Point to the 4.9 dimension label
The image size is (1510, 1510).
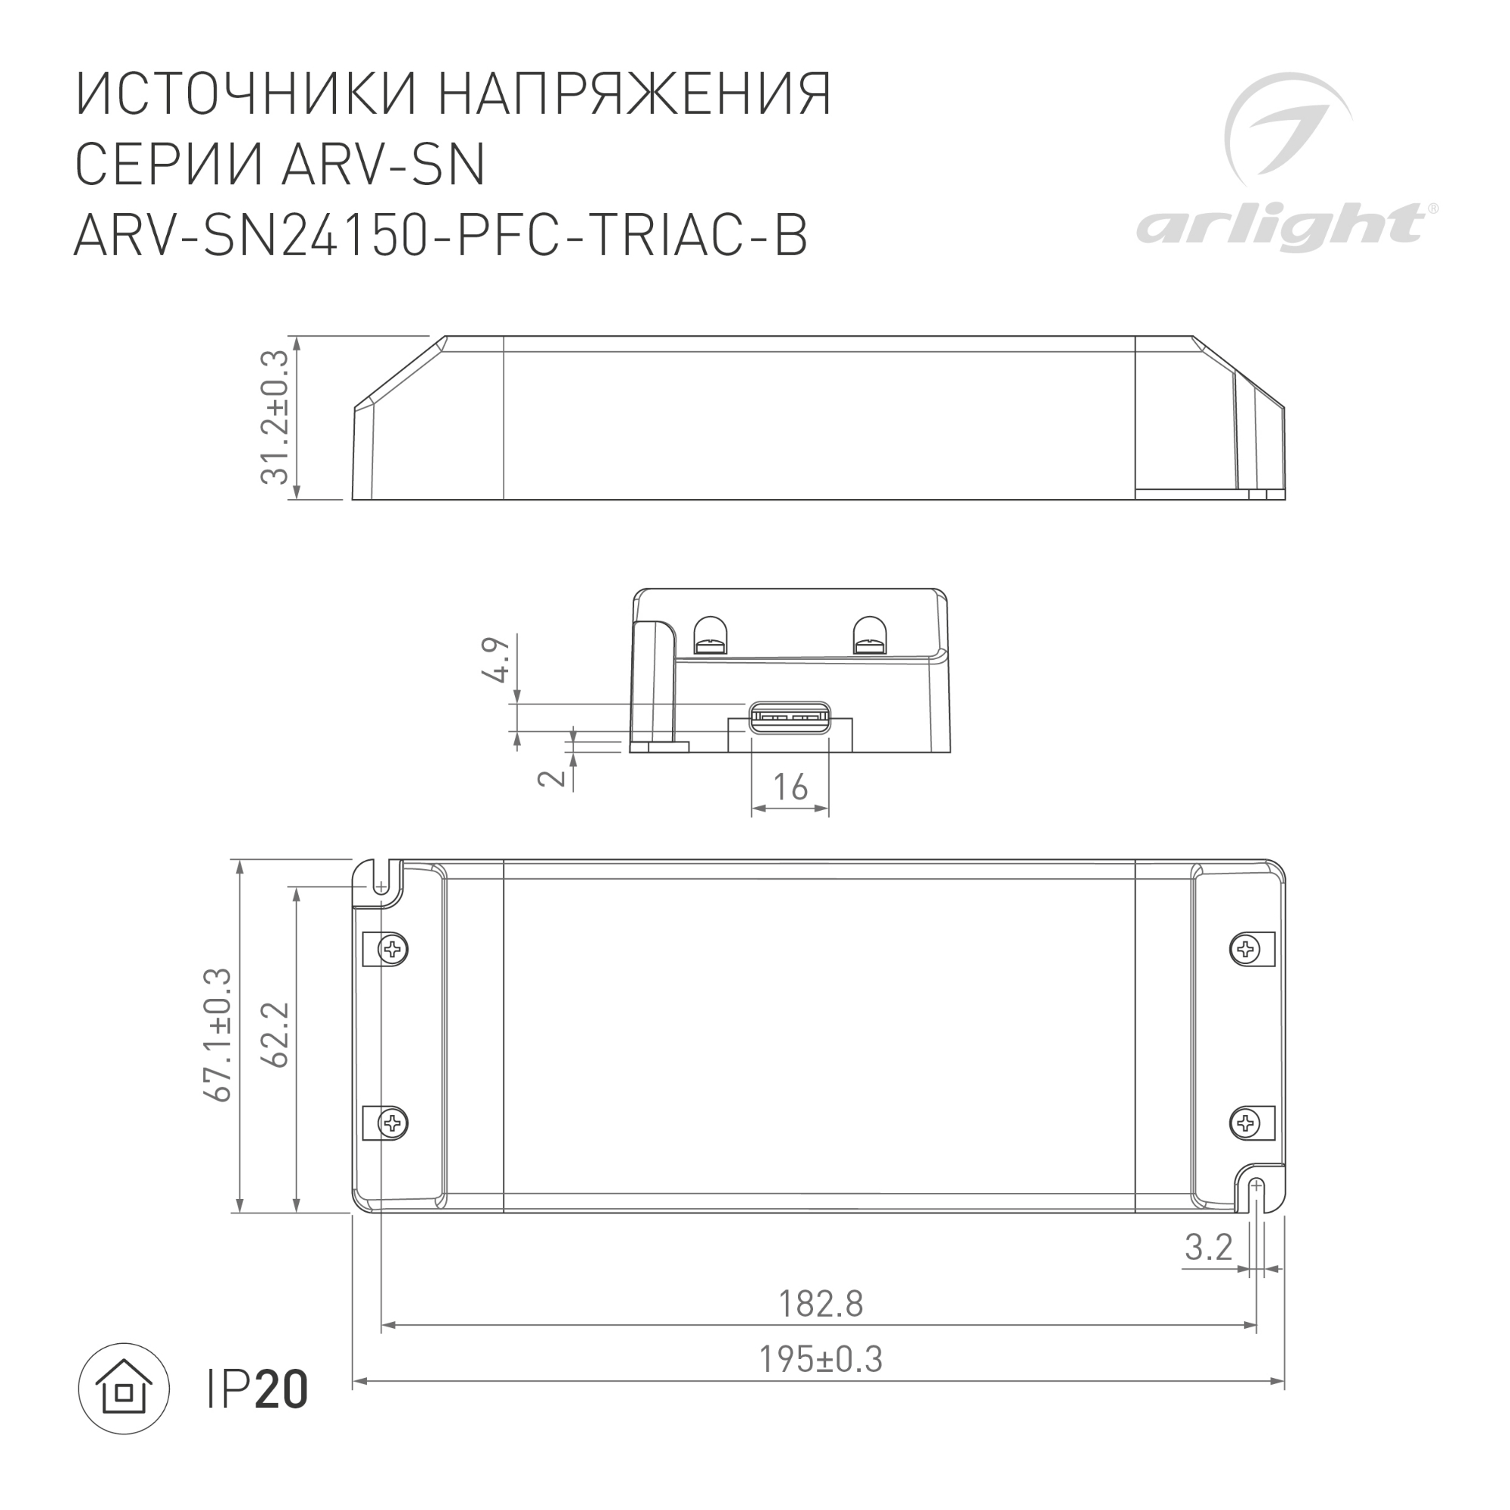[x=497, y=660]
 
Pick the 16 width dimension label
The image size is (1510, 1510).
[x=790, y=787]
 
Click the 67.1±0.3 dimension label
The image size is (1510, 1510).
[x=218, y=1035]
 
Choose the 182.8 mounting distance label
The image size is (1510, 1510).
[x=821, y=1304]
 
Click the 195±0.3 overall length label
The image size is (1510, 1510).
[x=821, y=1359]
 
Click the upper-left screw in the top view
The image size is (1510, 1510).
[x=393, y=950]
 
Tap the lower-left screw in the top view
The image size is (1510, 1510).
[x=393, y=1123]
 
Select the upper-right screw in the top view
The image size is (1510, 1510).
[x=1244, y=950]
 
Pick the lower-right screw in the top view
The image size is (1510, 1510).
[x=1244, y=1123]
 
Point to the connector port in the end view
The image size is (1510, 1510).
[x=790, y=718]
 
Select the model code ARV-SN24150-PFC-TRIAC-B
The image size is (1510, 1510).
[x=441, y=235]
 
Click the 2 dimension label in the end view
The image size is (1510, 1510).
[x=553, y=778]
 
